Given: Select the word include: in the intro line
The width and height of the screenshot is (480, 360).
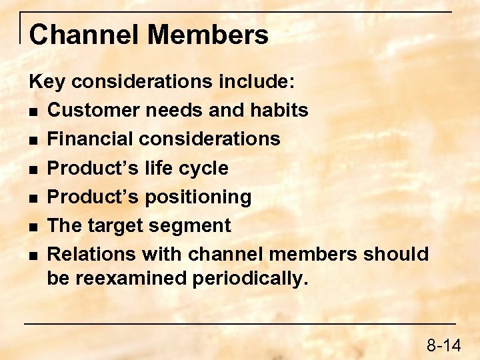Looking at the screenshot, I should (256, 81).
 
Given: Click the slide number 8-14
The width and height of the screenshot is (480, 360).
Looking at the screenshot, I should (443, 345).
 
